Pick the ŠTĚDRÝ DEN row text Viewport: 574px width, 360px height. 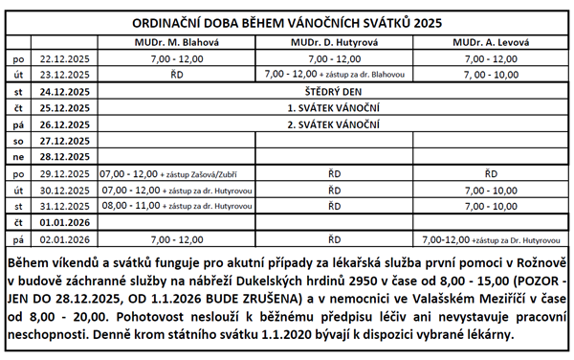(328, 90)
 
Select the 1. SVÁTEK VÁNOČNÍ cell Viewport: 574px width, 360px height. (328, 107)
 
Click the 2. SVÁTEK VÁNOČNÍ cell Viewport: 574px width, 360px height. (328, 124)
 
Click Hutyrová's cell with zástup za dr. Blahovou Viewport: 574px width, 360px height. (328, 74)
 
